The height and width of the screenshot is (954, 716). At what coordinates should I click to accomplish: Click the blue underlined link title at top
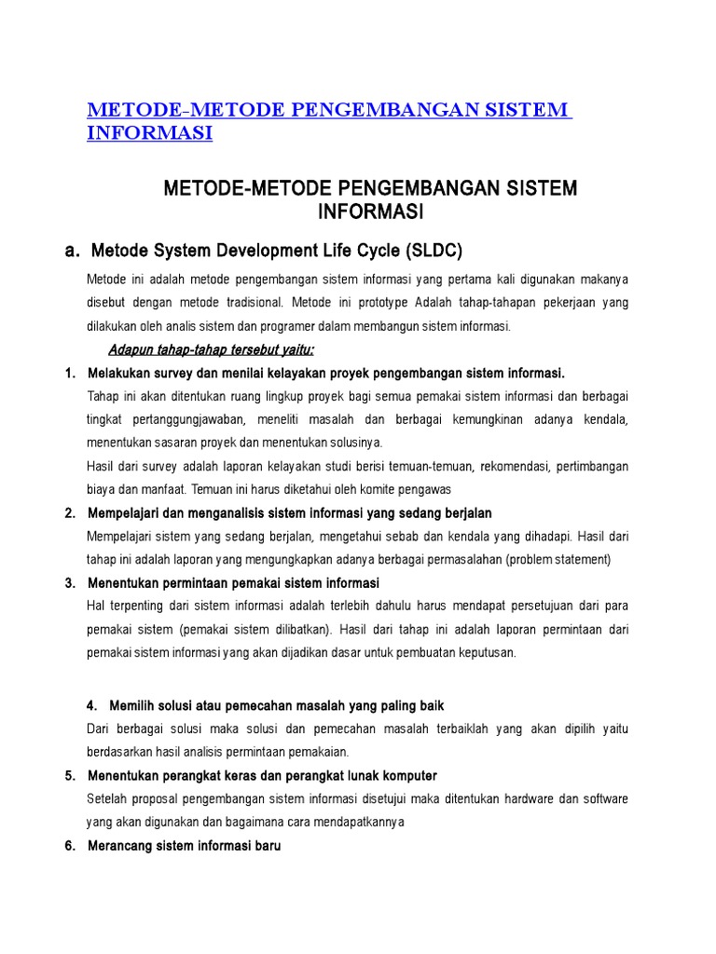point(328,121)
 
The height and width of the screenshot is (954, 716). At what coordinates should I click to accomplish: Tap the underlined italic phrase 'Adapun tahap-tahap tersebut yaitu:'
point(212,349)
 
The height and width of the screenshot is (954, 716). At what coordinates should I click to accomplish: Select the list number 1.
point(69,374)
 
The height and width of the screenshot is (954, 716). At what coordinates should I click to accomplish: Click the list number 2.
point(69,513)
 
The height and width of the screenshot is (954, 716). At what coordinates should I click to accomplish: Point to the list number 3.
point(69,583)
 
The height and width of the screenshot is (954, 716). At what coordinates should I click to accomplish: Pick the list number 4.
point(91,705)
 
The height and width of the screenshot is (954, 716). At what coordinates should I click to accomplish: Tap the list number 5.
point(69,775)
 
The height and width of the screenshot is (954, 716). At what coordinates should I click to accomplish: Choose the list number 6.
point(69,846)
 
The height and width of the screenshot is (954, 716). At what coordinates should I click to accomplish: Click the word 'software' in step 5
point(604,799)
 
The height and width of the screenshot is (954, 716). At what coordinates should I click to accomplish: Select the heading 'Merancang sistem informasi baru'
point(184,846)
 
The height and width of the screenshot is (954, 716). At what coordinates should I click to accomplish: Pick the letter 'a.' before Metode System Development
point(72,251)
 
